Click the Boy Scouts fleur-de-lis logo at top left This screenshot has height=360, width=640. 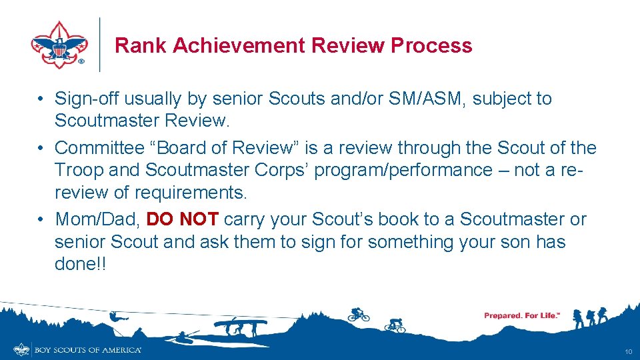[59, 45]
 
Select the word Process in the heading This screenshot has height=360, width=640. [431, 45]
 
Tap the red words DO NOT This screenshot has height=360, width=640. [182, 219]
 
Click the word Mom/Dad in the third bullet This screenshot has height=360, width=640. [97, 219]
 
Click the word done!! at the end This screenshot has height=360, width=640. [80, 264]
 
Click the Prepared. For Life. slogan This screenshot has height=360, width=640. [521, 315]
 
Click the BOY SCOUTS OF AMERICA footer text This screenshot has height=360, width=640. [88, 350]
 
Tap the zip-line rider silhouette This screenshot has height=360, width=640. [116, 318]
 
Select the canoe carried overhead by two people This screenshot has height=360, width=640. [241, 323]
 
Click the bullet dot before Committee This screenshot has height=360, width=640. [41, 148]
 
